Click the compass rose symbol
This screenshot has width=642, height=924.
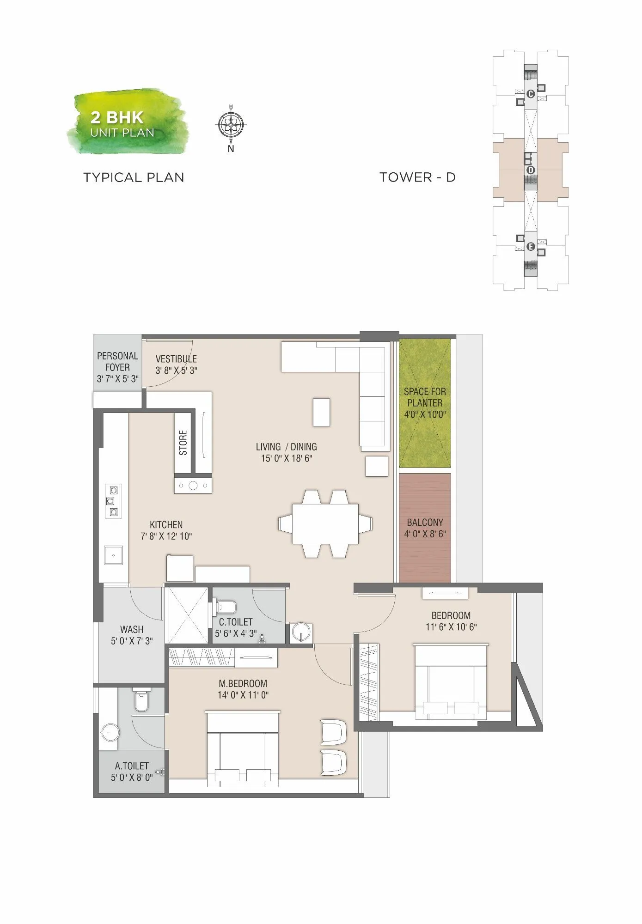(231, 124)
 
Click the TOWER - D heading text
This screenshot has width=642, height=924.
(417, 177)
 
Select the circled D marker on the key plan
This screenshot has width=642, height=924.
(531, 170)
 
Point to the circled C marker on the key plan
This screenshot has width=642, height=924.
(531, 94)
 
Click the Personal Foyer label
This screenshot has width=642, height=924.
(117, 362)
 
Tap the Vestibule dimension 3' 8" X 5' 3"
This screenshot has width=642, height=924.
(176, 371)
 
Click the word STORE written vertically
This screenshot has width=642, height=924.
(183, 443)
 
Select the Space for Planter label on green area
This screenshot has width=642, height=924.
(425, 397)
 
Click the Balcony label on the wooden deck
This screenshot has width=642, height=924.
(425, 523)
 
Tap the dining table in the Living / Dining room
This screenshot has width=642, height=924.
(325, 524)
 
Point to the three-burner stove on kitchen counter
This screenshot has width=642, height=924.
(113, 501)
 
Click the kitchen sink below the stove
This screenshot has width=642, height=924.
(113, 555)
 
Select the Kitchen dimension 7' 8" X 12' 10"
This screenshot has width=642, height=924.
(166, 536)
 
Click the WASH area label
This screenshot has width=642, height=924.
(132, 629)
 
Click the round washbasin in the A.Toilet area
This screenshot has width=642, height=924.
(110, 732)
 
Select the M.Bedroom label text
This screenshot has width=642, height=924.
(243, 683)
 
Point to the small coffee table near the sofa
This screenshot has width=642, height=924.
(321, 412)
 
